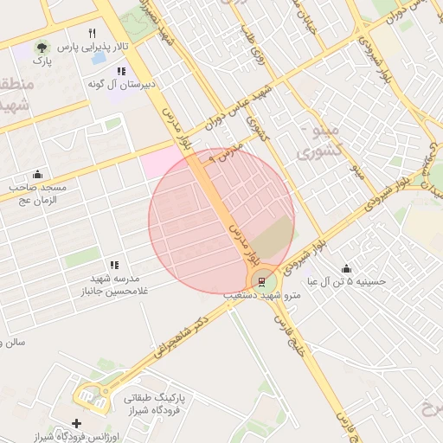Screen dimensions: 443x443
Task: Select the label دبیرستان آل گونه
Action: point(123,85)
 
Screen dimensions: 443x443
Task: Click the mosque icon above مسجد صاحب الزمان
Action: point(36,173)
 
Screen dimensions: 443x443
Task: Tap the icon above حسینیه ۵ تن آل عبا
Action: point(346,268)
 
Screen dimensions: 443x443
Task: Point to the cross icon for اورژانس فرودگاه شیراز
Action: point(77,423)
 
